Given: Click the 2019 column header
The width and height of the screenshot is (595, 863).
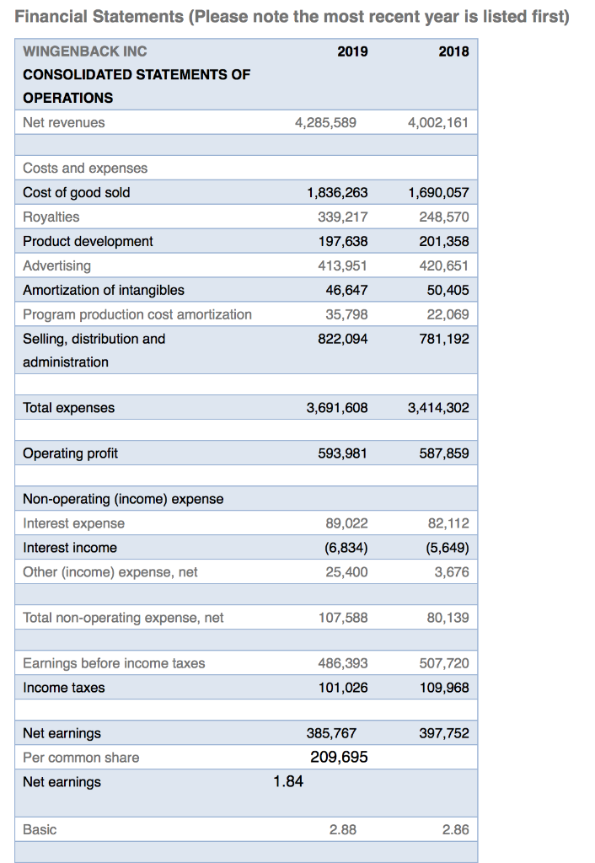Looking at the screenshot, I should pyautogui.click(x=352, y=51).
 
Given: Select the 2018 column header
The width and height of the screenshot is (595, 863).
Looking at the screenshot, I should pyautogui.click(x=453, y=51).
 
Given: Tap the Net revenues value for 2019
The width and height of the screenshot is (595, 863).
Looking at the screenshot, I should pyautogui.click(x=325, y=122).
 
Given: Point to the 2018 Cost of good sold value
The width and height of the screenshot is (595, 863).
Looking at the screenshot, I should pyautogui.click(x=437, y=192).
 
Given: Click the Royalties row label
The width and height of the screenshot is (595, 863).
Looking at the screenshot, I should pyautogui.click(x=51, y=217).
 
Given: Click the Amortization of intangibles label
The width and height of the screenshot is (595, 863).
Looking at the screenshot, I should pyautogui.click(x=104, y=290).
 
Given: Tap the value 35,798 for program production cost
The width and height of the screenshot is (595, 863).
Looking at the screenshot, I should pyautogui.click(x=346, y=314).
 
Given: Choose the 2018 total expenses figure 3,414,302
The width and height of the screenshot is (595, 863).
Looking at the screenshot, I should pyautogui.click(x=437, y=408).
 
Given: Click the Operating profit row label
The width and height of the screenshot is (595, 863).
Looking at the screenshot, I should pyautogui.click(x=71, y=453).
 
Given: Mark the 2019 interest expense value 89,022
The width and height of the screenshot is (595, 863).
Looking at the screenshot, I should pyautogui.click(x=346, y=523).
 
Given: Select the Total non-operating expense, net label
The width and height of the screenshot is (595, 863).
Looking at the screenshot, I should pyautogui.click(x=123, y=618).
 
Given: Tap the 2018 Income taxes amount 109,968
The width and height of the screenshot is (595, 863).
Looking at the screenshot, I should pyautogui.click(x=443, y=688).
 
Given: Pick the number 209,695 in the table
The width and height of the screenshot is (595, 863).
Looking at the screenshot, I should pyautogui.click(x=339, y=758).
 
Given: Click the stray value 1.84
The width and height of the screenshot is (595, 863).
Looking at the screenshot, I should pyautogui.click(x=288, y=782).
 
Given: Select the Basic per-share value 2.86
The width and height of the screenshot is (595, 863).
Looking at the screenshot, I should pyautogui.click(x=455, y=830).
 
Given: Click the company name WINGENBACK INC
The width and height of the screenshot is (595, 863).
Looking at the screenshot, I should pyautogui.click(x=85, y=51).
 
